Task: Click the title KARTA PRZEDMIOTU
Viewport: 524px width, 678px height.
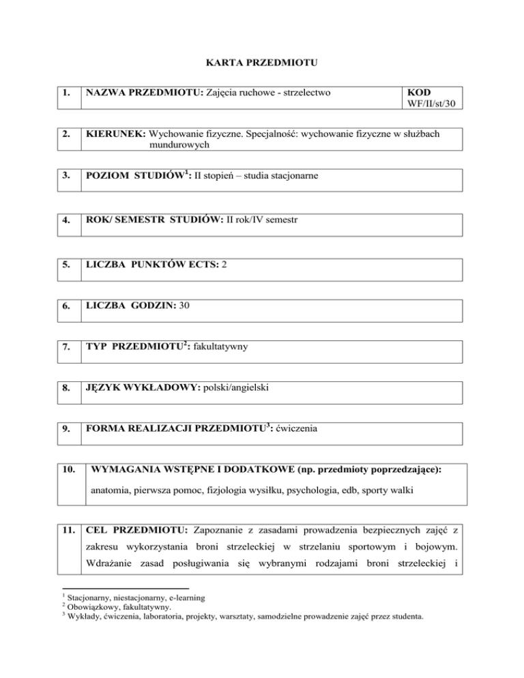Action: tap(261, 64)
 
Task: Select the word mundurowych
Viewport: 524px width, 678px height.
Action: tap(179, 145)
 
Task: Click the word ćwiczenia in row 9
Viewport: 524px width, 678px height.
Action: tap(297, 430)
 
